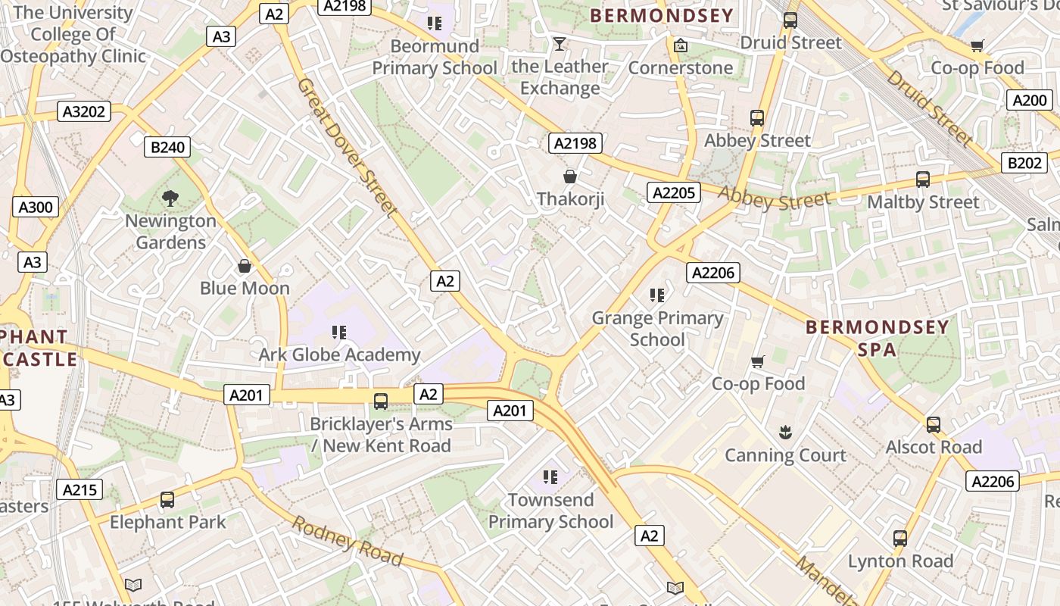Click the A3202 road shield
(x=85, y=112)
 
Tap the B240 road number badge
(x=167, y=147)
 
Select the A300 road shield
(x=35, y=207)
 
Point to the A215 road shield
(x=80, y=490)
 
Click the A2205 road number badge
(x=673, y=192)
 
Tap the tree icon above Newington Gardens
(x=170, y=198)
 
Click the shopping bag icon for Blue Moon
(x=245, y=266)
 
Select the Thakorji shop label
(x=570, y=199)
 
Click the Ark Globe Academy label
(x=339, y=355)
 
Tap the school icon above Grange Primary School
(x=657, y=295)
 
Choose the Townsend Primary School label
(x=550, y=511)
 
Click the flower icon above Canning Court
(x=784, y=433)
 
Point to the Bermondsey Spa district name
(x=877, y=338)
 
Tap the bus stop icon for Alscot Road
(x=934, y=425)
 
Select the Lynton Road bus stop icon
(x=899, y=539)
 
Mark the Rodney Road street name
(x=348, y=541)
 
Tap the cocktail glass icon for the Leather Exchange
(x=560, y=44)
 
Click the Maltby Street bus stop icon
(x=922, y=180)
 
